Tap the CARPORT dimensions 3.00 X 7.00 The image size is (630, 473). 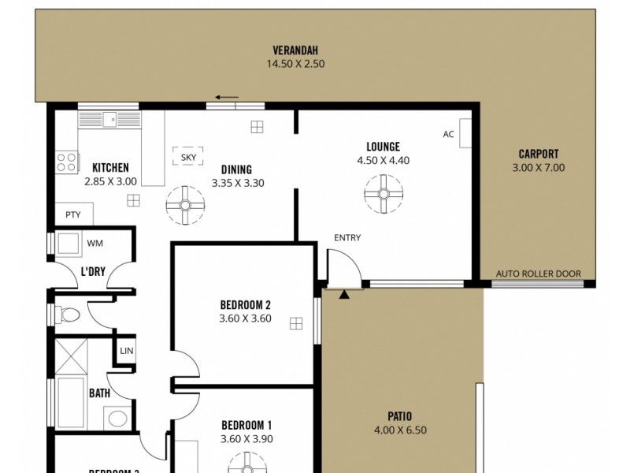539,167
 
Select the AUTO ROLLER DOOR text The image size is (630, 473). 538,274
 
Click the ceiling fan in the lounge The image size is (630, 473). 384,192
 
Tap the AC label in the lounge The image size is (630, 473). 448,134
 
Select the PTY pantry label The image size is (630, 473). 72,214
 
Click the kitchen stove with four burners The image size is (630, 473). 67,163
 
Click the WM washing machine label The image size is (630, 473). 94,243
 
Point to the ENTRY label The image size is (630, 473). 347,238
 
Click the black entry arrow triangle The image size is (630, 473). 344,295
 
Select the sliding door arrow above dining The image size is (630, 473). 228,98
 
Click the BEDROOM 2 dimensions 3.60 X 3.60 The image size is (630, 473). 246,318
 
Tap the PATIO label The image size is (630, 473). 399,416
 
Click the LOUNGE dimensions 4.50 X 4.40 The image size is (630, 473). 383,160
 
